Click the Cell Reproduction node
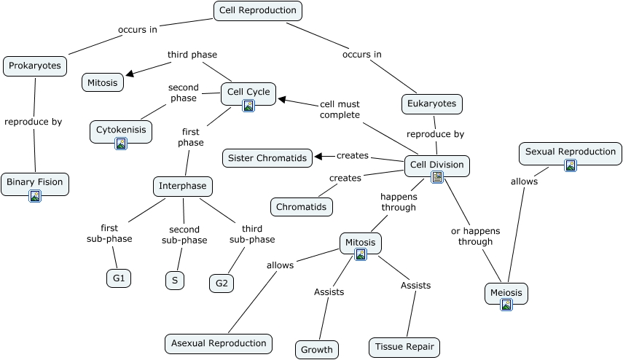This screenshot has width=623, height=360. coord(258,10)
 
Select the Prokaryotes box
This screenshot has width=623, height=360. coord(35,66)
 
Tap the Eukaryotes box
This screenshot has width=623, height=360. coord(432,103)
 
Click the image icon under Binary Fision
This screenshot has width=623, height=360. coord(35,195)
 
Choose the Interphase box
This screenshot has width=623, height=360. coord(183,186)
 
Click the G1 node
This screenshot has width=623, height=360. coord(118,278)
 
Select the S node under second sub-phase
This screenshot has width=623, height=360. coord(174,280)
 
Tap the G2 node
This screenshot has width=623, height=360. coord(222,283)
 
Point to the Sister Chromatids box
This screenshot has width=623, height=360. coord(267,157)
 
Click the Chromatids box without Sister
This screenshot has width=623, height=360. coord(302,207)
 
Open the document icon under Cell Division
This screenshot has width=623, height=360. coord(437,177)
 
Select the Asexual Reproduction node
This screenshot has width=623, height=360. coord(219,343)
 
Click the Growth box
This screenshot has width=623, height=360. coord(317,349)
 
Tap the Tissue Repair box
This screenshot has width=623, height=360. coord(405,347)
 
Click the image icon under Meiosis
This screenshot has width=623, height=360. coord(506,305)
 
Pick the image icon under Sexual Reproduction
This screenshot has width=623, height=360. coord(571,165)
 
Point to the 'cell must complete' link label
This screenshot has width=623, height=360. coord(340,109)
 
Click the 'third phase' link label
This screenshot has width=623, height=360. coord(192,54)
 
